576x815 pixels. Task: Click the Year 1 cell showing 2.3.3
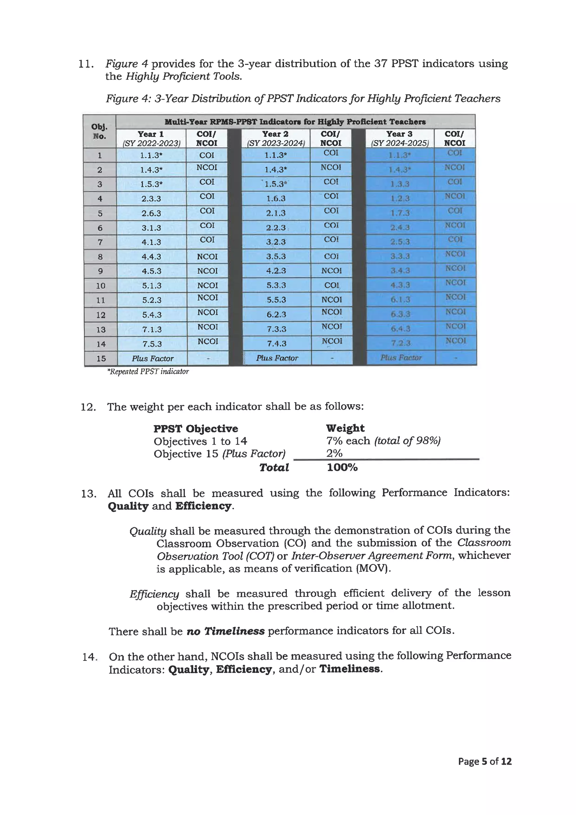click(x=151, y=199)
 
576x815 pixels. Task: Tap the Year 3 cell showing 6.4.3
click(x=400, y=329)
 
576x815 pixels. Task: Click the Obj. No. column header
click(x=99, y=131)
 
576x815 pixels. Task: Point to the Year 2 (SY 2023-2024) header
click(x=276, y=138)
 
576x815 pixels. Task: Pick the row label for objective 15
click(x=101, y=359)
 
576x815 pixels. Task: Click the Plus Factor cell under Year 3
click(x=401, y=357)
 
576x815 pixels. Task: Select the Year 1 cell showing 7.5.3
click(x=152, y=344)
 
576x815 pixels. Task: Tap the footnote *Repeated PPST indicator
click(x=148, y=371)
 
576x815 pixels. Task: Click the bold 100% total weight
click(x=342, y=467)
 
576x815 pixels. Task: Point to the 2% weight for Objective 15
click(x=334, y=453)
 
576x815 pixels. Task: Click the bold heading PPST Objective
click(x=195, y=428)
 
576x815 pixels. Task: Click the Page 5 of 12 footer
click(x=485, y=761)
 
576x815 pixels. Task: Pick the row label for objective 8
click(x=100, y=257)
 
